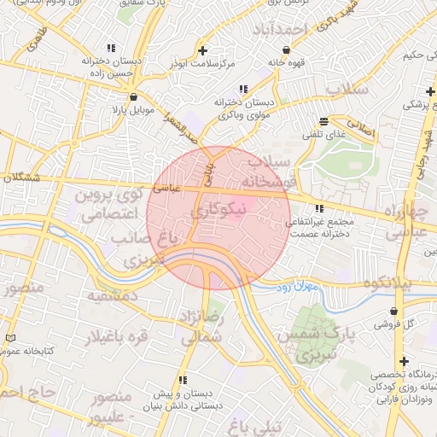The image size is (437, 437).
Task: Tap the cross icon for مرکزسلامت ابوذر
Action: point(202,50)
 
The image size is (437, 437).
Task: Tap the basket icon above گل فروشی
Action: point(393,312)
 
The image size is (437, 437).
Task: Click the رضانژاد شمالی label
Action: point(202,328)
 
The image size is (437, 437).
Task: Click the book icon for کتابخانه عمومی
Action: point(9,339)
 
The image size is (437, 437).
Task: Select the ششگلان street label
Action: point(22,177)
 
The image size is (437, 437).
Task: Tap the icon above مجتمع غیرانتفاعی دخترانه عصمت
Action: point(319,208)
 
